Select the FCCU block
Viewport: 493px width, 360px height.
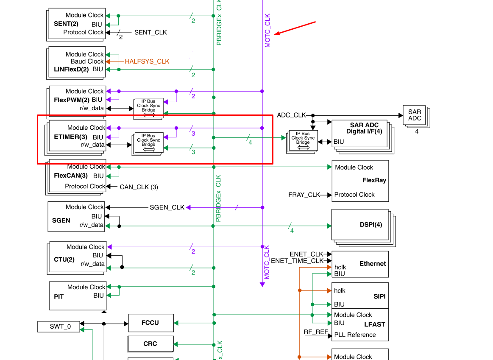point(150,323)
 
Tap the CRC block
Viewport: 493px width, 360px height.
point(150,344)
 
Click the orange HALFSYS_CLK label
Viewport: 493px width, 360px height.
point(147,61)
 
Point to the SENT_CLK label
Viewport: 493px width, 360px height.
point(150,32)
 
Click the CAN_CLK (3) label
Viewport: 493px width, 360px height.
point(139,187)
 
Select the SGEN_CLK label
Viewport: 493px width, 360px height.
point(167,207)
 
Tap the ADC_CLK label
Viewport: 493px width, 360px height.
point(291,115)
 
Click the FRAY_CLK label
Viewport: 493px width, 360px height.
point(304,195)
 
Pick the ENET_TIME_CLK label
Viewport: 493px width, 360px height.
point(297,261)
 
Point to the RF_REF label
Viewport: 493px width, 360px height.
point(316,332)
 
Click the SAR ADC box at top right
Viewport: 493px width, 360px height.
point(415,115)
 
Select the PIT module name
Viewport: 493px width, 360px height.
point(59,297)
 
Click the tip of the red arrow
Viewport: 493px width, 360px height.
point(275,34)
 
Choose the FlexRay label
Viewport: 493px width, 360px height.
point(374,180)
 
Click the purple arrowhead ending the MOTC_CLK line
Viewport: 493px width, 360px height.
point(262,285)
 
